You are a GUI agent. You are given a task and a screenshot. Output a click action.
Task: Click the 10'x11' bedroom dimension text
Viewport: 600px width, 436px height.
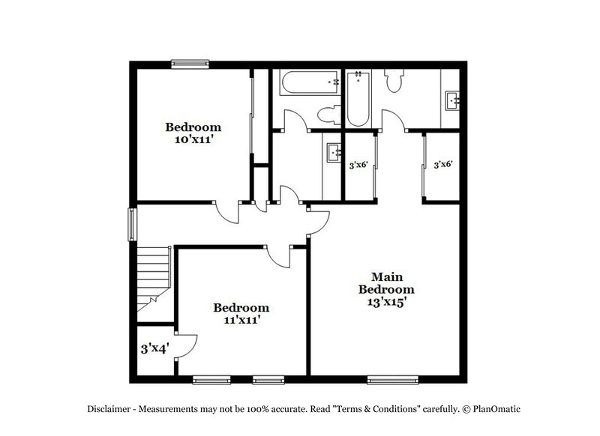click(x=193, y=139)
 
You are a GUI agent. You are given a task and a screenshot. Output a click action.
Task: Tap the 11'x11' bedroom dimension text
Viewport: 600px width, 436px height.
click(x=241, y=320)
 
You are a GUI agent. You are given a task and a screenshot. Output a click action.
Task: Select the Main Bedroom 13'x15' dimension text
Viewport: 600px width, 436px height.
click(x=386, y=302)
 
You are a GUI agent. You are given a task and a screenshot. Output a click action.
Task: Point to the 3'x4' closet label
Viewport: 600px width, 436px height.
click(x=154, y=348)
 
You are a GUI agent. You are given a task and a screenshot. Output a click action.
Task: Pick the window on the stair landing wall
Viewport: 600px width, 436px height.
click(x=132, y=223)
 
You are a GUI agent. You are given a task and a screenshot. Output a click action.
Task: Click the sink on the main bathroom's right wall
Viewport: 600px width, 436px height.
click(x=452, y=100)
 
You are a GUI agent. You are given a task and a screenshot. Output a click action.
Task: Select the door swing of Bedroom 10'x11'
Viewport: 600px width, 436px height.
click(x=229, y=211)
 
